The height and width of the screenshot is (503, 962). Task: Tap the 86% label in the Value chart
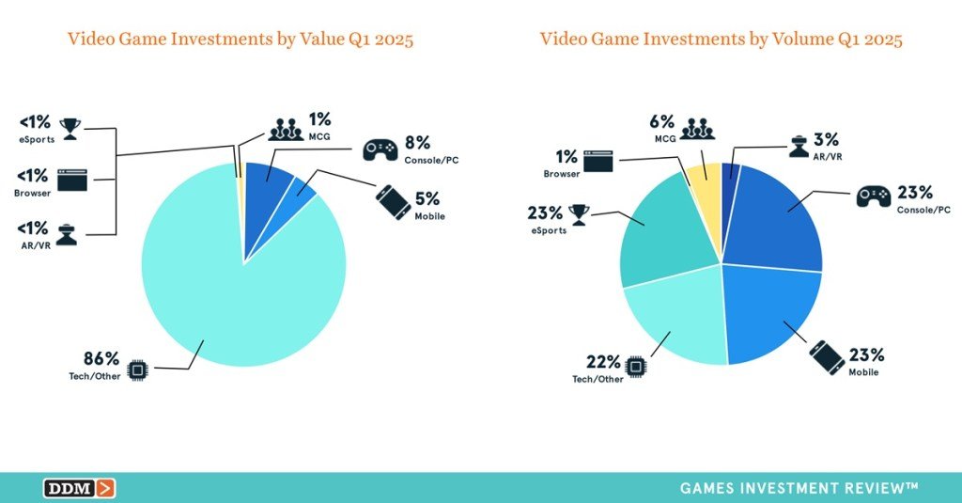(101, 358)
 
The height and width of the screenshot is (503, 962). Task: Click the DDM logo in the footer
(79, 488)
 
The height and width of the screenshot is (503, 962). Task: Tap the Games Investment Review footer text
(799, 488)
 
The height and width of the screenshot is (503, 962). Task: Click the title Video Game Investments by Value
(240, 39)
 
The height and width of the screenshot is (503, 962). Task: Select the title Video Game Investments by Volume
(721, 39)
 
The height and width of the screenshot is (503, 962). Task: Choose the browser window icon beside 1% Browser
(597, 162)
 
